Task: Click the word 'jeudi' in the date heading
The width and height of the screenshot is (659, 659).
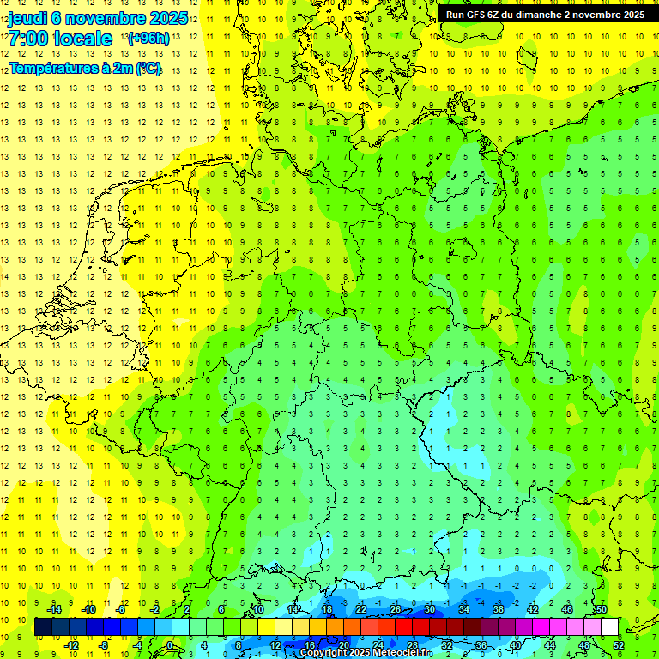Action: pyautogui.click(x=27, y=18)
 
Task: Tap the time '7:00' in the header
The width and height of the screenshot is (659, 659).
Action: pyautogui.click(x=29, y=39)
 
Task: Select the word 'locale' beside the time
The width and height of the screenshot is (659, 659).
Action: pyautogui.click(x=82, y=39)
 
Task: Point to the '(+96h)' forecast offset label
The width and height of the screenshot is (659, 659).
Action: pyautogui.click(x=148, y=39)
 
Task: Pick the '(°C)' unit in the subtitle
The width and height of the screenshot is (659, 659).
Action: pyautogui.click(x=147, y=67)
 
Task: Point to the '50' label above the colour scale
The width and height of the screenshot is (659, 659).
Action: pyautogui.click(x=602, y=609)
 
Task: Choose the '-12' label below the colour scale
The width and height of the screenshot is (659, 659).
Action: pyautogui.click(x=71, y=645)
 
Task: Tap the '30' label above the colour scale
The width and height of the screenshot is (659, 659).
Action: pyautogui.click(x=430, y=609)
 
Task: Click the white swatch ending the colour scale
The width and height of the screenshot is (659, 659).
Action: pyautogui.click(x=610, y=627)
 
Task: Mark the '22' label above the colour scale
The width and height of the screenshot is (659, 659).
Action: pyautogui.click(x=361, y=609)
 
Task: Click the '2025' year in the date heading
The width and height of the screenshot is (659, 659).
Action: pyautogui.click(x=167, y=18)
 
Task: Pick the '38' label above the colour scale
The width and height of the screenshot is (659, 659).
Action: pyautogui.click(x=499, y=609)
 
